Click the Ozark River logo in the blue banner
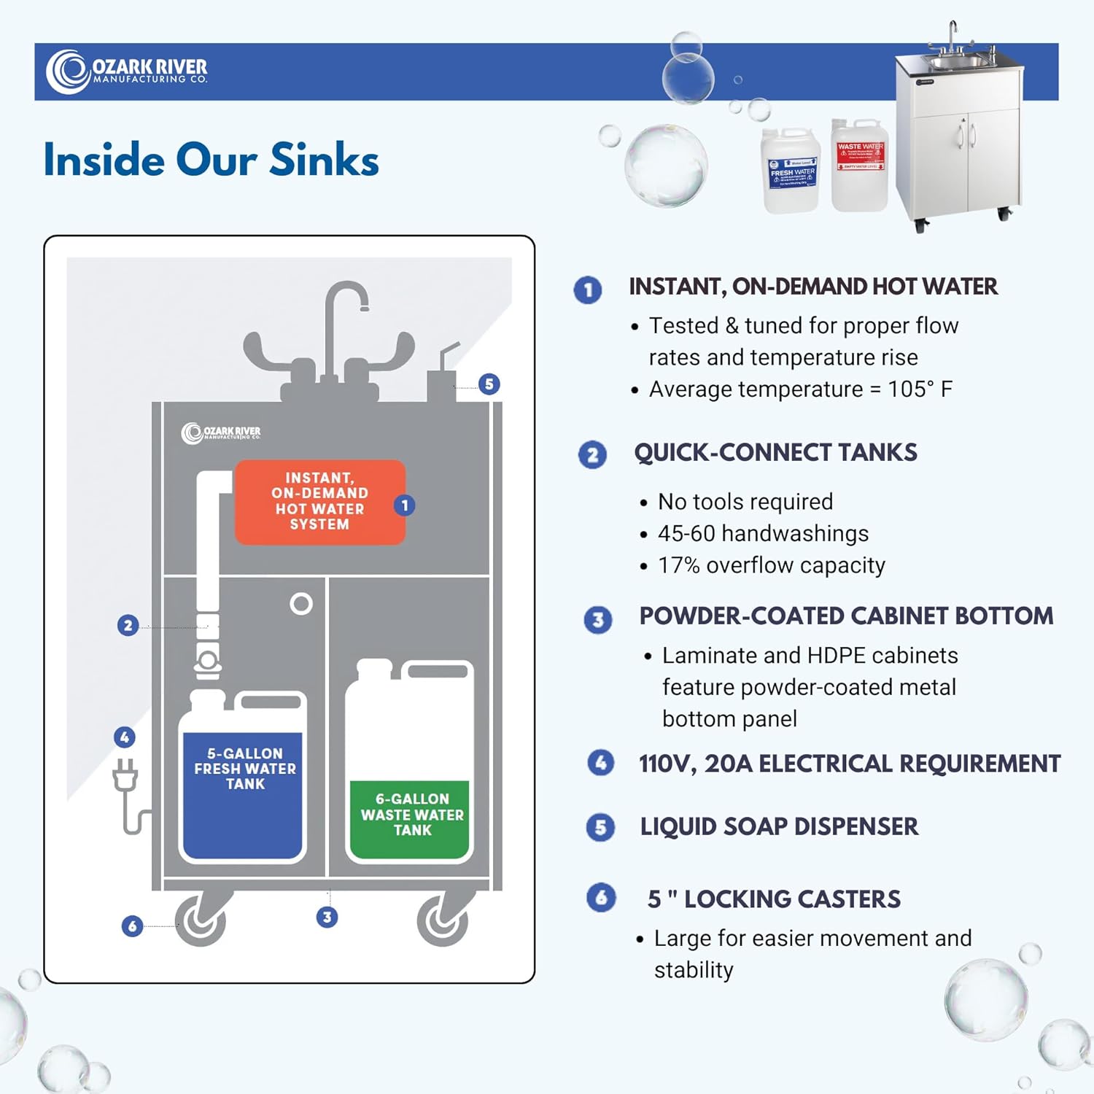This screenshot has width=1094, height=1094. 126,71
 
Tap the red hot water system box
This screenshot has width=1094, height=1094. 319,502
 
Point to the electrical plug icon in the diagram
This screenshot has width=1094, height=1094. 125,777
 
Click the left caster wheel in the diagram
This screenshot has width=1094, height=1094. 200,920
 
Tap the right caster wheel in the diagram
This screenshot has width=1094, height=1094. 442,920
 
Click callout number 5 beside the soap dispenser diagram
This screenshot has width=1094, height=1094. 489,384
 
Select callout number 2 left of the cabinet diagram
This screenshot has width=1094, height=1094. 128,625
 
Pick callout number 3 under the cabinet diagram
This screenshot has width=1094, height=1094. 327,917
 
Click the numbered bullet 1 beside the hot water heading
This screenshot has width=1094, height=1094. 588,290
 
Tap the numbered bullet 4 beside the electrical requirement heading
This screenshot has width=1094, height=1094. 600,763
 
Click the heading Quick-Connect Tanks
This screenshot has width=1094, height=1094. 775,453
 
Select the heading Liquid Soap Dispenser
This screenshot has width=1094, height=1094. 779,826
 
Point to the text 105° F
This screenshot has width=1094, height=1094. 920,389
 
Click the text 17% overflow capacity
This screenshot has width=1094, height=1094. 771,565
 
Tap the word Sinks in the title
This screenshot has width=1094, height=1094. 324,160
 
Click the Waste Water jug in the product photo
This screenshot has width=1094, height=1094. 859,166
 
